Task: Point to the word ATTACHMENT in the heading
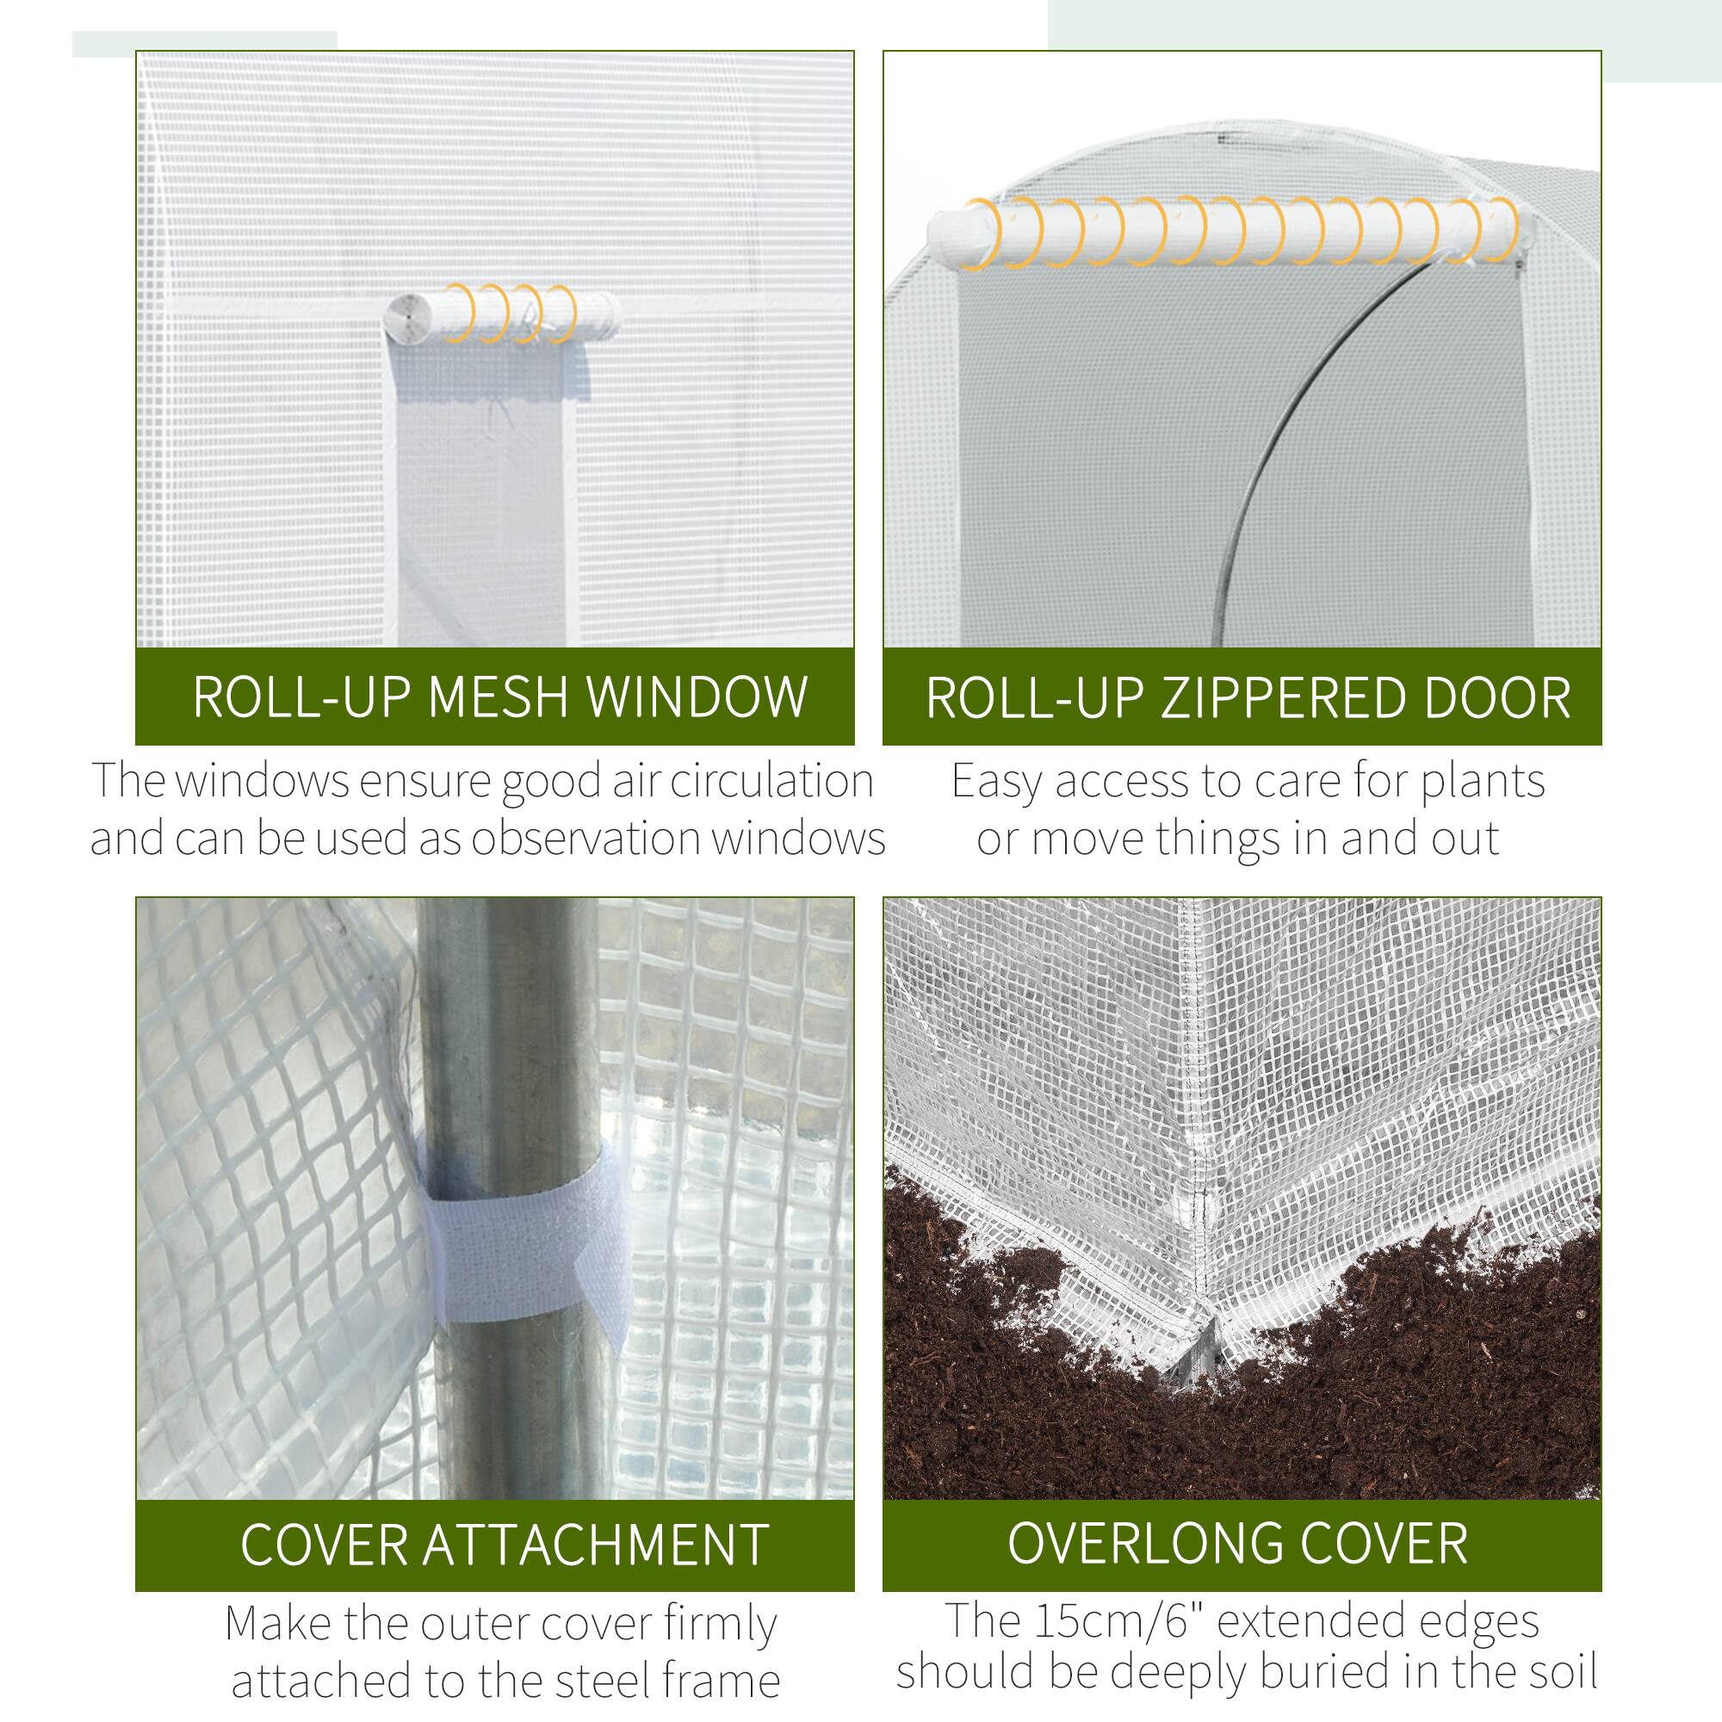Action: pyautogui.click(x=594, y=1545)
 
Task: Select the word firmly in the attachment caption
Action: pyautogui.click(x=721, y=1624)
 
